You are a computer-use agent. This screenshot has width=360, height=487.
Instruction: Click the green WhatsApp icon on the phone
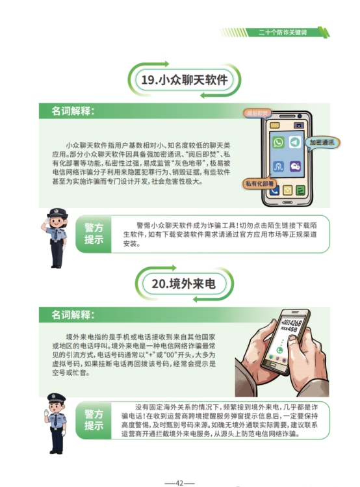point(278,142)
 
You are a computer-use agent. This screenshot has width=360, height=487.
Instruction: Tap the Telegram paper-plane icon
point(295,142)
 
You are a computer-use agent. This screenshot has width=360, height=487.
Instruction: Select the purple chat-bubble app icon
point(295,166)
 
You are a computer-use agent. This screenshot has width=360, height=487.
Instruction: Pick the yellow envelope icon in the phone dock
point(287,190)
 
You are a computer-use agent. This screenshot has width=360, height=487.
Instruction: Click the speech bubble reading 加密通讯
point(322,143)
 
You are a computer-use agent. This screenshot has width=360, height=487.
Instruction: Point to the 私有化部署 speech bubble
point(259,184)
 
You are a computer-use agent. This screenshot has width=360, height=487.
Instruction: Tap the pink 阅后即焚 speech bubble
point(257,113)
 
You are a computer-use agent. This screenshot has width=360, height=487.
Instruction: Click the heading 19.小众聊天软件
point(185,80)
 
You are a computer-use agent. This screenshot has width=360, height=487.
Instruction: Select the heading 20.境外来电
point(184,283)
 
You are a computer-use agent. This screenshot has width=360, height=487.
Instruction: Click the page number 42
point(179,483)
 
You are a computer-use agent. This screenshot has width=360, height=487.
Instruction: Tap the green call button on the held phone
point(279,350)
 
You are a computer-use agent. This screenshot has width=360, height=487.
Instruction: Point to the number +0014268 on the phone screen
point(290,321)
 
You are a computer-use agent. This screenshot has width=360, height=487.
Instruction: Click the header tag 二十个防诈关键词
point(283,33)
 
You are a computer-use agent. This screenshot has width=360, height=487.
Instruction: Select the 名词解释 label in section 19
point(73,111)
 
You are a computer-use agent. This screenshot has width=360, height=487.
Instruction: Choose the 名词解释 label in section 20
point(73,315)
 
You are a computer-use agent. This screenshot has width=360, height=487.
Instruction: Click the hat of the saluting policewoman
point(57,213)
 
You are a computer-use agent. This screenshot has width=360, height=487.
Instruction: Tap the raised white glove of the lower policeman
point(47,414)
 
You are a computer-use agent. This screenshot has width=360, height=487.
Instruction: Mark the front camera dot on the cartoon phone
point(300,116)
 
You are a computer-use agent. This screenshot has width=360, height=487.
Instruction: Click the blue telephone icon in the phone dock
point(274,191)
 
